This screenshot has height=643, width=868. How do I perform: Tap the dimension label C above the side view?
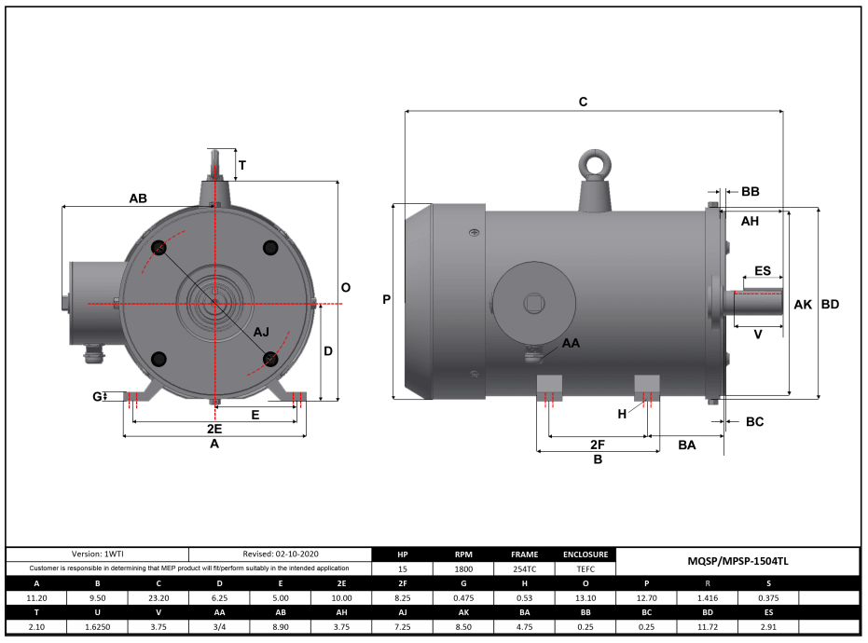[x=583, y=102]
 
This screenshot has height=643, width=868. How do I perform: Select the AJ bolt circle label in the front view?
[x=261, y=332]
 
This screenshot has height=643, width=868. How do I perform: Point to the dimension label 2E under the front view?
[x=214, y=429]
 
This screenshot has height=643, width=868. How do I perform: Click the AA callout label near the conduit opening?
[x=571, y=343]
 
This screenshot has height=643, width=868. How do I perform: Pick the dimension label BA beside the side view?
[x=687, y=445]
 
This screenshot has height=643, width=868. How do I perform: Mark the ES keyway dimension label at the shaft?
[x=762, y=271]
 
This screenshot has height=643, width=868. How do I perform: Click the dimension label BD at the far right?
[x=830, y=305]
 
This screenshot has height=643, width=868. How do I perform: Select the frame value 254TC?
[x=525, y=568]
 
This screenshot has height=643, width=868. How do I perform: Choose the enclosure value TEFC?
[x=586, y=568]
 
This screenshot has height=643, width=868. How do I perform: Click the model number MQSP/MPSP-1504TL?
[x=737, y=561]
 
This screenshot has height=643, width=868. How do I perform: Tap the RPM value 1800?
[x=463, y=568]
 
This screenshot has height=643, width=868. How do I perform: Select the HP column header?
[x=402, y=554]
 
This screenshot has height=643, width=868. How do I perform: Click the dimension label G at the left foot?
[x=97, y=397]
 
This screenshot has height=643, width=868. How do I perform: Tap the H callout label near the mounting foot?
[x=622, y=413]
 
